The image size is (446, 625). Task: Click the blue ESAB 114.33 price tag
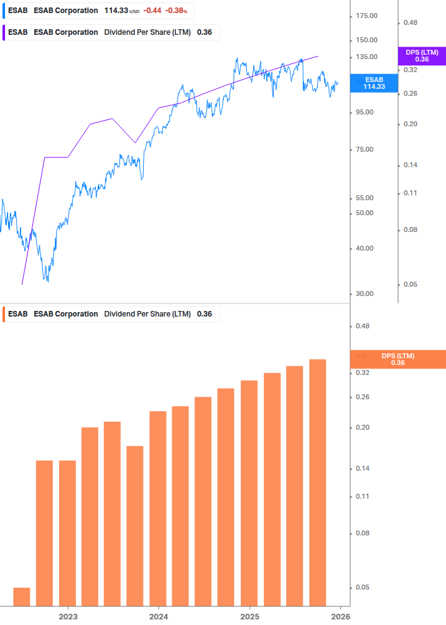[x=374, y=83]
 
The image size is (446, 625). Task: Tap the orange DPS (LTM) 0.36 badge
[x=398, y=359]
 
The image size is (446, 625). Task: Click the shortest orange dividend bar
[x=22, y=596]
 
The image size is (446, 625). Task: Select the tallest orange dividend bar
[x=318, y=482]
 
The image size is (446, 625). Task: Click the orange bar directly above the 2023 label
[x=68, y=532]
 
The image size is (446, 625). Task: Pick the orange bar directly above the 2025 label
[x=249, y=493]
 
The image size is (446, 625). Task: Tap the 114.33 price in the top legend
[x=116, y=11]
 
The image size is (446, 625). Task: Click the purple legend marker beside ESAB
[x=4, y=32]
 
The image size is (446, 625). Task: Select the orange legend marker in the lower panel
[x=4, y=314]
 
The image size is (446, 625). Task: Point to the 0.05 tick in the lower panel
[x=362, y=587]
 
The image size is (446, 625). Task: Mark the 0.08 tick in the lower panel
[x=362, y=533]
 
